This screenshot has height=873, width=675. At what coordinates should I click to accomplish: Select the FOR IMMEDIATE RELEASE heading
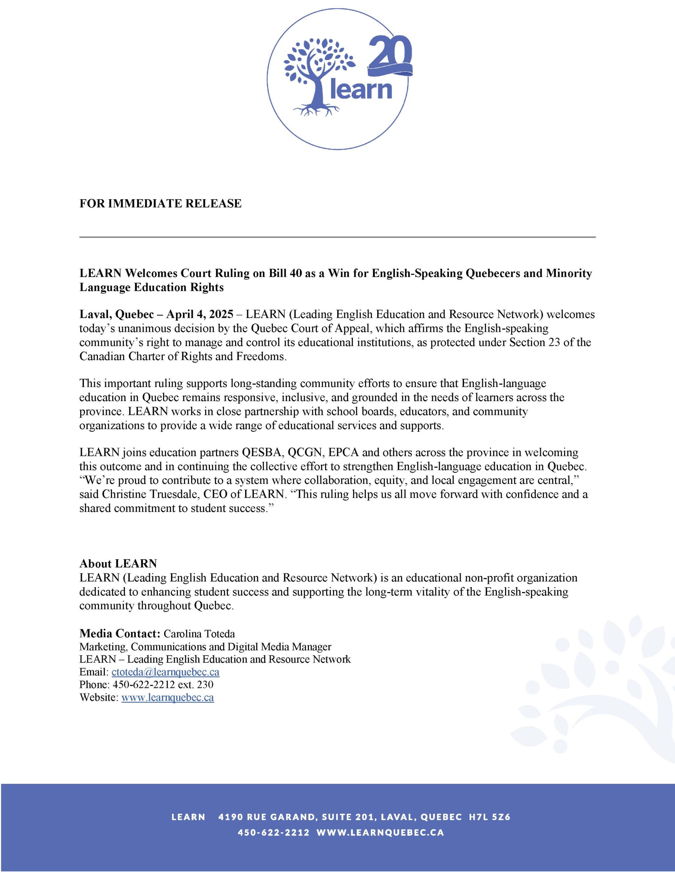[x=160, y=204]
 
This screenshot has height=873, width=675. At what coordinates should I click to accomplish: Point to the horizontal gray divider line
[x=337, y=237]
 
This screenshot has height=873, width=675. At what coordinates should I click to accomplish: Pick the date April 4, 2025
[x=200, y=314]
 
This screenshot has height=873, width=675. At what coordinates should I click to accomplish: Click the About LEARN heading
[x=118, y=564]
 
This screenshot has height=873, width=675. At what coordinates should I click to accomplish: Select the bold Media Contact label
[x=120, y=634]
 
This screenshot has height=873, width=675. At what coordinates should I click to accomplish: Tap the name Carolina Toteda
[x=199, y=634]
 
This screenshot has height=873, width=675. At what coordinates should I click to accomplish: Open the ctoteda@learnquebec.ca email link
[x=165, y=672]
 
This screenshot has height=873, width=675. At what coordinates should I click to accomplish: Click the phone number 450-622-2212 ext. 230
[x=163, y=685]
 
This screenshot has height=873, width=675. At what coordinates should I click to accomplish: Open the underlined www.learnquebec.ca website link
[x=167, y=697]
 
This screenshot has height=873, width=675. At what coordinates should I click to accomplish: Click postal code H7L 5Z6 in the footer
[x=490, y=817]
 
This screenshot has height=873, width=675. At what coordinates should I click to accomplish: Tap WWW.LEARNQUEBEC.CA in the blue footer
[x=380, y=833]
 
